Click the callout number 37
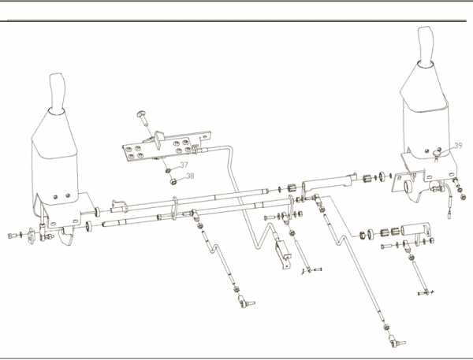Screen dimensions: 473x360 [184, 165]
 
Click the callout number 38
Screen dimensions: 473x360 [190, 176]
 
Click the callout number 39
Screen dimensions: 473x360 [458, 146]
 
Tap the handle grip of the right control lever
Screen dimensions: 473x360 [426, 46]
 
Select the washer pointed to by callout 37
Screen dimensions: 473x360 [168, 171]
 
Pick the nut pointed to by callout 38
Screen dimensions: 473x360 [173, 181]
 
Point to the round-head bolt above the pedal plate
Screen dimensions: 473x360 [143, 118]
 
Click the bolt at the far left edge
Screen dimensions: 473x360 [12, 236]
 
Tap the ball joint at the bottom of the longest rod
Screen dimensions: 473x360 [396, 341]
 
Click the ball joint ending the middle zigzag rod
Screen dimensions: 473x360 [246, 302]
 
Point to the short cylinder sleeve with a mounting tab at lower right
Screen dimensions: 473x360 [415, 230]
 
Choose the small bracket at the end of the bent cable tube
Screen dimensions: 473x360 [283, 254]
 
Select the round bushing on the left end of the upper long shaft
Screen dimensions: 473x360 [98, 212]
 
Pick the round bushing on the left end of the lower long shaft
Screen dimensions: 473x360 [89, 226]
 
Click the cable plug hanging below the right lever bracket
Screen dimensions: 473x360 [449, 215]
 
